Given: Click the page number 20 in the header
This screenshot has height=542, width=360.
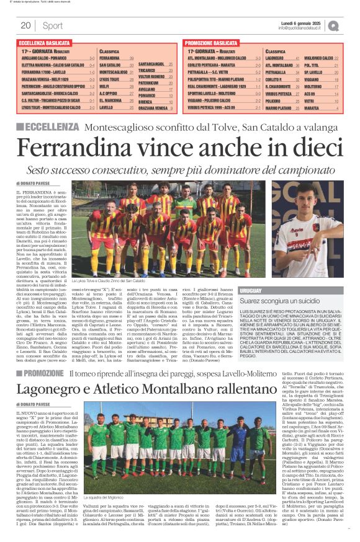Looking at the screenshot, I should coord(25,25).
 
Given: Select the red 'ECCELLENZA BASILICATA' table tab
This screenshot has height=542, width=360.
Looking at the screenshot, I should coord(47,42).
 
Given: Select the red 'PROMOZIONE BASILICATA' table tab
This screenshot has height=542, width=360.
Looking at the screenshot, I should coord(214,42).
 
